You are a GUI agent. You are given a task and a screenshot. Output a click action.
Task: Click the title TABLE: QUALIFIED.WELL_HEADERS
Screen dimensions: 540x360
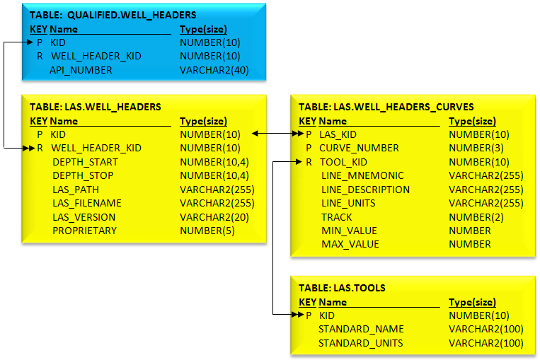click(113, 15)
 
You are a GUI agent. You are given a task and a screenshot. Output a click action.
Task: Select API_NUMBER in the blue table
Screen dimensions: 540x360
click(81, 70)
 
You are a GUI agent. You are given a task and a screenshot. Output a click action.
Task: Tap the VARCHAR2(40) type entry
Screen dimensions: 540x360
click(214, 70)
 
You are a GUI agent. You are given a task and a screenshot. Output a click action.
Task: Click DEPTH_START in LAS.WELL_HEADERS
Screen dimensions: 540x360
click(85, 162)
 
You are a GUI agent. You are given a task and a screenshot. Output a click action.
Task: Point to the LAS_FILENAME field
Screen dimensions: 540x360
click(87, 203)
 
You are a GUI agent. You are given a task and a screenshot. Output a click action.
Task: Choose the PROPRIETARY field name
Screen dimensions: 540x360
click(85, 231)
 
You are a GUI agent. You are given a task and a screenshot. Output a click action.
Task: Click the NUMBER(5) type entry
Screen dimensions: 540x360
click(207, 231)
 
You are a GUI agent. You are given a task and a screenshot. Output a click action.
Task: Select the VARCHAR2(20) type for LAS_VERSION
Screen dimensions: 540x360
click(214, 217)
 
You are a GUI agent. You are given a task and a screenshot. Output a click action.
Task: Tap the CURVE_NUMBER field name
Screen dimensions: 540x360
click(359, 148)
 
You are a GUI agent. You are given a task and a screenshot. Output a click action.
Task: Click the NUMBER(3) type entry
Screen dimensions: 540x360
click(476, 148)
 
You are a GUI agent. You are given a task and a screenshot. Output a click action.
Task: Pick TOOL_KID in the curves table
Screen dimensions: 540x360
click(343, 162)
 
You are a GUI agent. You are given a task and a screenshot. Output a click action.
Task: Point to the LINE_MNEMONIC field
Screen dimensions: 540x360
click(362, 175)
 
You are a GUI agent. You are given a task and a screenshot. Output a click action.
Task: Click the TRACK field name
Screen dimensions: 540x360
click(337, 217)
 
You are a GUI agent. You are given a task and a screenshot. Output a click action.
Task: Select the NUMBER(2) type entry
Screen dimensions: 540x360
click(476, 217)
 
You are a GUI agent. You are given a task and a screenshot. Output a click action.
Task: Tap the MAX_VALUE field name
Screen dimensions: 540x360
click(350, 244)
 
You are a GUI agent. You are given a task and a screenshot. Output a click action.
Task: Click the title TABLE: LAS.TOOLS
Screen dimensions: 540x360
click(342, 288)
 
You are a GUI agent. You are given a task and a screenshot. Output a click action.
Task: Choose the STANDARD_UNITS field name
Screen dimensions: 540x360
click(360, 343)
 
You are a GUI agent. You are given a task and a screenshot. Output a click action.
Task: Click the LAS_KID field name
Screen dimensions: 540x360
click(338, 134)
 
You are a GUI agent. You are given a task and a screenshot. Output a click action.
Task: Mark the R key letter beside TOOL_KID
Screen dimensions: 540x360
click(309, 162)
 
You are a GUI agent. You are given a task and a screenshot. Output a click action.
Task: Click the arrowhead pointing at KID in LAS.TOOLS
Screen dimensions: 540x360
click(297, 314)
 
